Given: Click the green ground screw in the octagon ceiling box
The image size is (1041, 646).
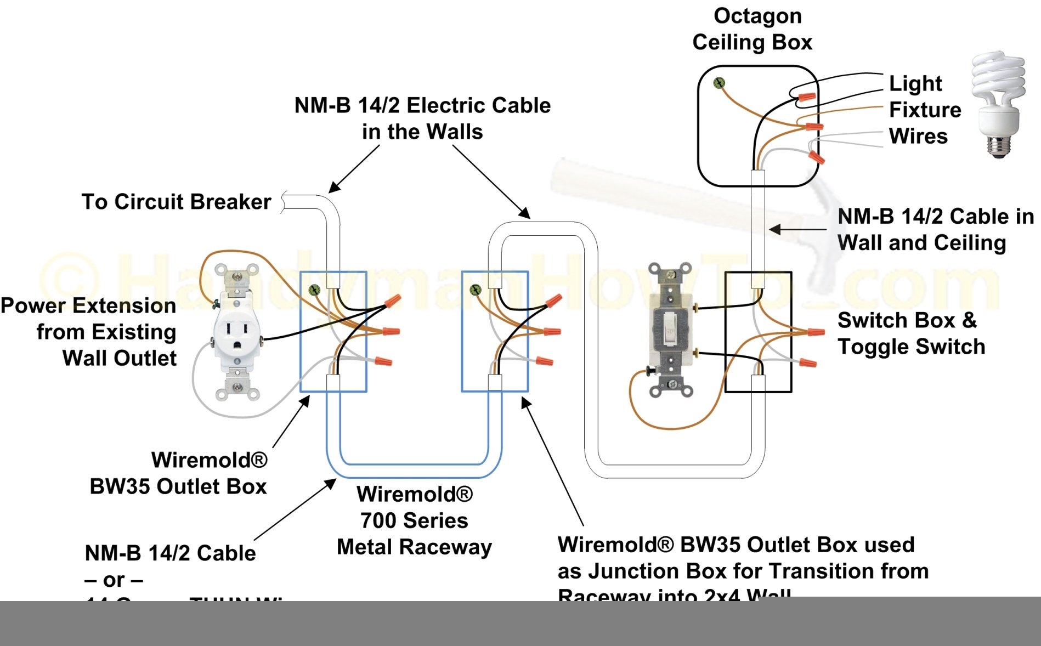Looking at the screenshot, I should (718, 83).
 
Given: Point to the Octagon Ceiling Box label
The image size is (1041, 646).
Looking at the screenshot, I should (753, 29).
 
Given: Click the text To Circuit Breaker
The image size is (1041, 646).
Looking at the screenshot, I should (176, 202).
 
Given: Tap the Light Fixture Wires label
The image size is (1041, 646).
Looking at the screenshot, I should (924, 110).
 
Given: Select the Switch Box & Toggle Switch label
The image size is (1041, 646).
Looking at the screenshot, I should (911, 333).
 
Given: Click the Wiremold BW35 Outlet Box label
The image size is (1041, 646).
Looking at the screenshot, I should (179, 473).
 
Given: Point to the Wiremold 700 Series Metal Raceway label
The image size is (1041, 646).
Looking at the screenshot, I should (414, 520).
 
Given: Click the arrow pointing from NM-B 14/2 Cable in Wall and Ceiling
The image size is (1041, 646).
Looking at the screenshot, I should (798, 229).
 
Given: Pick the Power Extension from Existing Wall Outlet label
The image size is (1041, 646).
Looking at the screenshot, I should (89, 332).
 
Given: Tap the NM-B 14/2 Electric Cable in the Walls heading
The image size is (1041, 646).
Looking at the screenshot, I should (422, 118).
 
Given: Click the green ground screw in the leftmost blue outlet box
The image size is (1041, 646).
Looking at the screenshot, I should (314, 290).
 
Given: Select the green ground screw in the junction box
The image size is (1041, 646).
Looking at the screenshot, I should (476, 289).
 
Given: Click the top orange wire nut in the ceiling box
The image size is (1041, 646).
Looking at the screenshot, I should (806, 97).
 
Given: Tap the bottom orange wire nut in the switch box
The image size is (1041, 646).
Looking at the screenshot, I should (808, 362).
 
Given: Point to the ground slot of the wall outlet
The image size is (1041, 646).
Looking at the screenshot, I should (236, 345).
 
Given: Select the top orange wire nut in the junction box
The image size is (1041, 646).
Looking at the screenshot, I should (553, 301).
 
